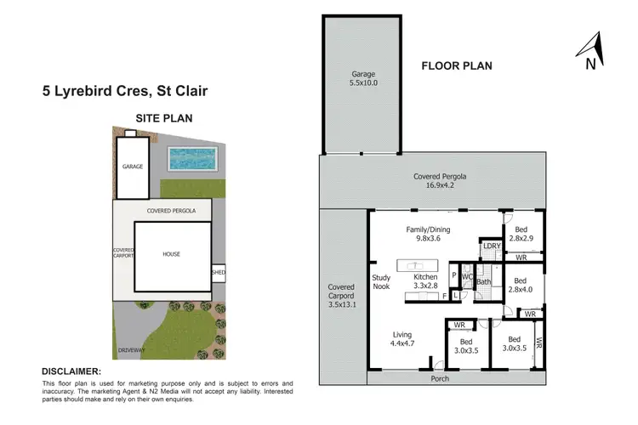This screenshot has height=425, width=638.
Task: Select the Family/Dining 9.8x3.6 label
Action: (427, 235)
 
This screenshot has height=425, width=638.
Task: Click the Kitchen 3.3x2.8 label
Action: (424, 282)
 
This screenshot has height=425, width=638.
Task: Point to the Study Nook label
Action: (380, 281)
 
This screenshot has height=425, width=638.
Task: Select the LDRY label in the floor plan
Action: (491, 246)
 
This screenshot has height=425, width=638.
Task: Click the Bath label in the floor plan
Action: (484, 281)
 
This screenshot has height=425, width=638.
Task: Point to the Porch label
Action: (440, 378)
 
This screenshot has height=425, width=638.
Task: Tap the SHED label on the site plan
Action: (219, 273)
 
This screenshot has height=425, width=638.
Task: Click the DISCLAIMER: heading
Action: (71, 371)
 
